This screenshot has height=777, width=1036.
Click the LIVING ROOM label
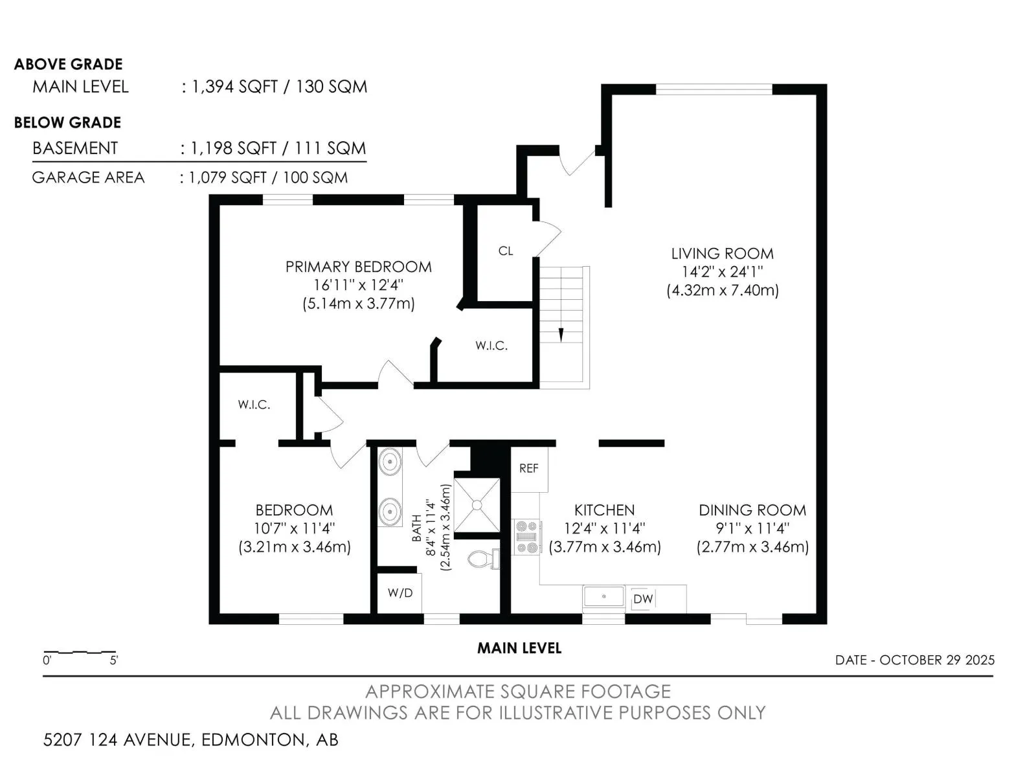click(x=722, y=254)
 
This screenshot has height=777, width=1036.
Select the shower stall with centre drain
click(x=477, y=504)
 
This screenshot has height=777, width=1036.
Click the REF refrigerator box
click(x=529, y=468)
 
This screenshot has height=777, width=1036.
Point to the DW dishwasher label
click(x=642, y=599)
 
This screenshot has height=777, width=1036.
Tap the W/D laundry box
click(x=400, y=592)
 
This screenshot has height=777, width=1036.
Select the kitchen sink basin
click(x=603, y=596)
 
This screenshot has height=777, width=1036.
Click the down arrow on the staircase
click(x=561, y=335)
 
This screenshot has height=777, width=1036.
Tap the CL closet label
click(x=506, y=251)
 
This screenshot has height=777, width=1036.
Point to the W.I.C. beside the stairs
click(x=491, y=346)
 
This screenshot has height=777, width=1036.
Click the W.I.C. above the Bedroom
click(x=254, y=405)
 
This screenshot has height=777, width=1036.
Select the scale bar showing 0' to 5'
click(x=80, y=652)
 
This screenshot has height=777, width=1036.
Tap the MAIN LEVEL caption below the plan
click(x=519, y=648)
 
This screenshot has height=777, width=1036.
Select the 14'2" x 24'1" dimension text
click(x=722, y=272)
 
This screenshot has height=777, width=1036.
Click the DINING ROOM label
click(x=752, y=510)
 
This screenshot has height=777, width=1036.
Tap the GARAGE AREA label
click(x=88, y=177)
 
